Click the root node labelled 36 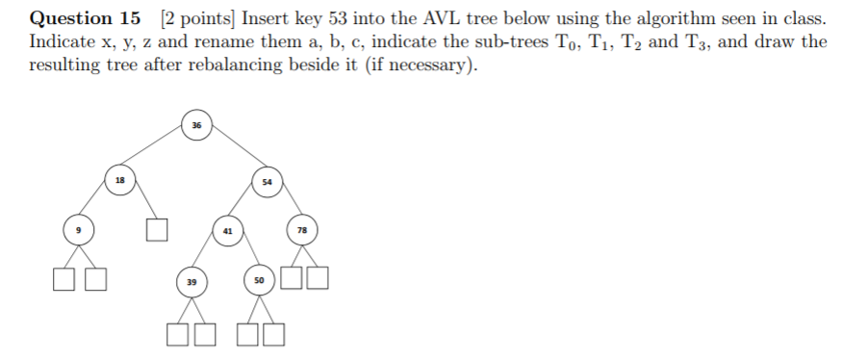click(196, 125)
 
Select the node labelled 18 click(119, 179)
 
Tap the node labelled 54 click(268, 180)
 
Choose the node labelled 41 click(227, 231)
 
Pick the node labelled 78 click(302, 230)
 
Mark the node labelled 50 click(259, 279)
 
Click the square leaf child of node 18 click(158, 230)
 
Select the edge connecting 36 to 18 click(158, 152)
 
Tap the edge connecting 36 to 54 click(232, 152)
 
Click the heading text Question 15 click(85, 17)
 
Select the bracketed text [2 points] click(196, 18)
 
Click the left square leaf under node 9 click(63, 279)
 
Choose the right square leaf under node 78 click(319, 279)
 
